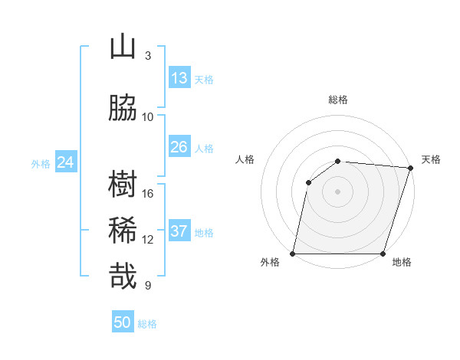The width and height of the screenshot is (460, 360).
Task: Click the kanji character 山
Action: coord(123,47)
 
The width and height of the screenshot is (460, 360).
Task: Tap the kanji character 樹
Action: coord(123,185)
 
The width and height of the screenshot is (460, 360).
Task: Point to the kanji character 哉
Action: coord(123,277)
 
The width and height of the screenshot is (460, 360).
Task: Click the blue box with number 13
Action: coord(179,78)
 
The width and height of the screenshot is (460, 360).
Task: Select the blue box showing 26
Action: coord(179,147)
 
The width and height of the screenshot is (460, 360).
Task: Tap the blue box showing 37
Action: coord(179,231)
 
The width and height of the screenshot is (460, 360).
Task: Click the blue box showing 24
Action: coord(65,162)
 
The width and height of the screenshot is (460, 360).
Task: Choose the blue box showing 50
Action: coord(123,322)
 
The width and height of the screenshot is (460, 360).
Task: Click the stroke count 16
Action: coord(148,194)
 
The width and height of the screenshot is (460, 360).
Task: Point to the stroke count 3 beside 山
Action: coord(148,56)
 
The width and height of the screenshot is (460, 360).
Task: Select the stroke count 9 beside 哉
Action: coord(148,286)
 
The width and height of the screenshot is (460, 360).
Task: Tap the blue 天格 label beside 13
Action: coord(204,80)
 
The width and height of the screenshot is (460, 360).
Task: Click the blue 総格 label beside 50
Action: coord(147,324)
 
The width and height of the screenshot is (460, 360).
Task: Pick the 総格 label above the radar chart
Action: coord(338,100)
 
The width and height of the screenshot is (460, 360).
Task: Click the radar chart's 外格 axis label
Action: coord(270,263)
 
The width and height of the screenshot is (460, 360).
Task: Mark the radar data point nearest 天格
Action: coord(410,169)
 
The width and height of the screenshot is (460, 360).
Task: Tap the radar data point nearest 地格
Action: coord(383,254)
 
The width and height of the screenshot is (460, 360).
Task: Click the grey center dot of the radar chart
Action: coord(338,191)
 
